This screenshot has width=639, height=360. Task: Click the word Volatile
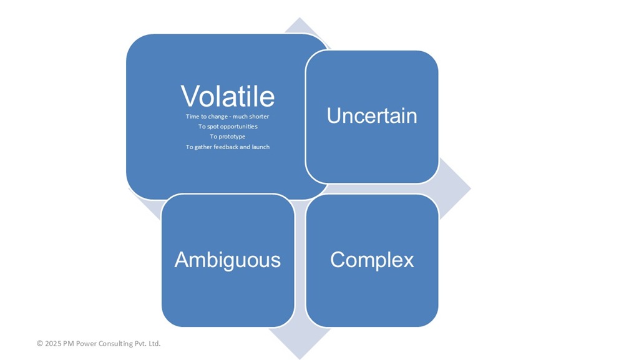(x=228, y=96)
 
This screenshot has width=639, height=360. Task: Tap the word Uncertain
(x=372, y=115)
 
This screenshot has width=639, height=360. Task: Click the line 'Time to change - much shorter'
(x=227, y=117)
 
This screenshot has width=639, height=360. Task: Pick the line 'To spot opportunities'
(x=228, y=127)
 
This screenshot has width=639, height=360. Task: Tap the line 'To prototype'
(x=228, y=137)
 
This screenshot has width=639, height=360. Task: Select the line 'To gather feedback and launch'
(x=228, y=147)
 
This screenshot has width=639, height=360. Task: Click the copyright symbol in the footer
(x=40, y=343)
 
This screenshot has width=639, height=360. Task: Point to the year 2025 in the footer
(x=53, y=343)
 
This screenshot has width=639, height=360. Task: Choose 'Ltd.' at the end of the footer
(x=155, y=343)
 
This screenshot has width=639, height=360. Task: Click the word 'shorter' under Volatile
(x=259, y=117)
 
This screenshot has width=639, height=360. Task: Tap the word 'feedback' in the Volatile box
(x=226, y=147)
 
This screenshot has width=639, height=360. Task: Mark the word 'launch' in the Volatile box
(x=261, y=147)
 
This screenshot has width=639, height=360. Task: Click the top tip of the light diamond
(x=300, y=18)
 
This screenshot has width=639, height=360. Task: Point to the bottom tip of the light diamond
(x=300, y=359)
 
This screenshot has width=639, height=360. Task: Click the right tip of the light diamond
(x=471, y=188)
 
